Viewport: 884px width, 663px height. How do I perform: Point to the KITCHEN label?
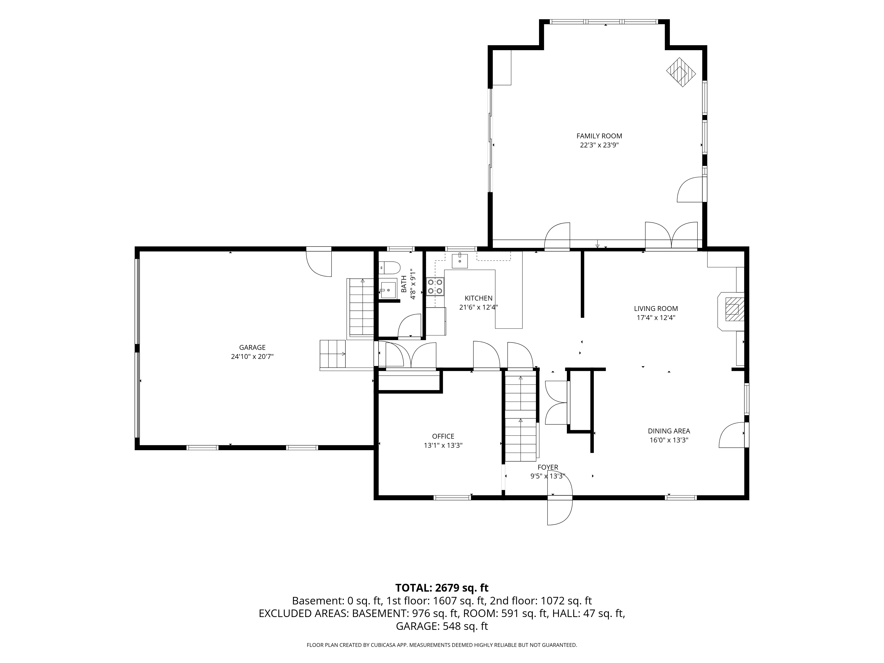(x=478, y=298)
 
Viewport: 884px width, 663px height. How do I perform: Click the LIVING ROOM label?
(x=656, y=309)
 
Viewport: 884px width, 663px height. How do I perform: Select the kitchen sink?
(x=460, y=260)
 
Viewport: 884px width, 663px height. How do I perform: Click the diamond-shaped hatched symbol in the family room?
(x=681, y=72)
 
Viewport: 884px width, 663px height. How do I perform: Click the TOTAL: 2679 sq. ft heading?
(x=442, y=588)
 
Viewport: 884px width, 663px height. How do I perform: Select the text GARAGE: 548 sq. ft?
(x=442, y=626)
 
